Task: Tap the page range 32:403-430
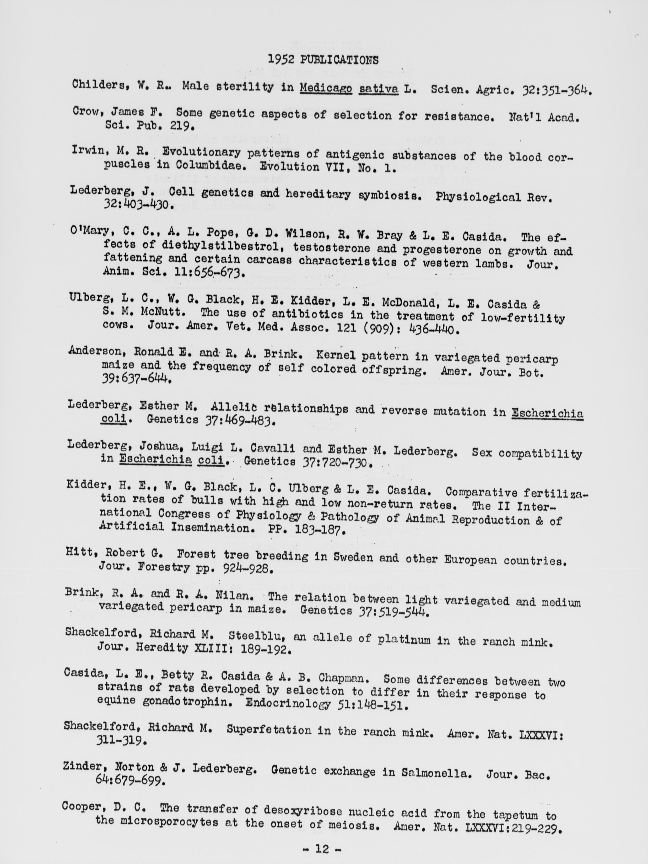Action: pyautogui.click(x=136, y=204)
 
